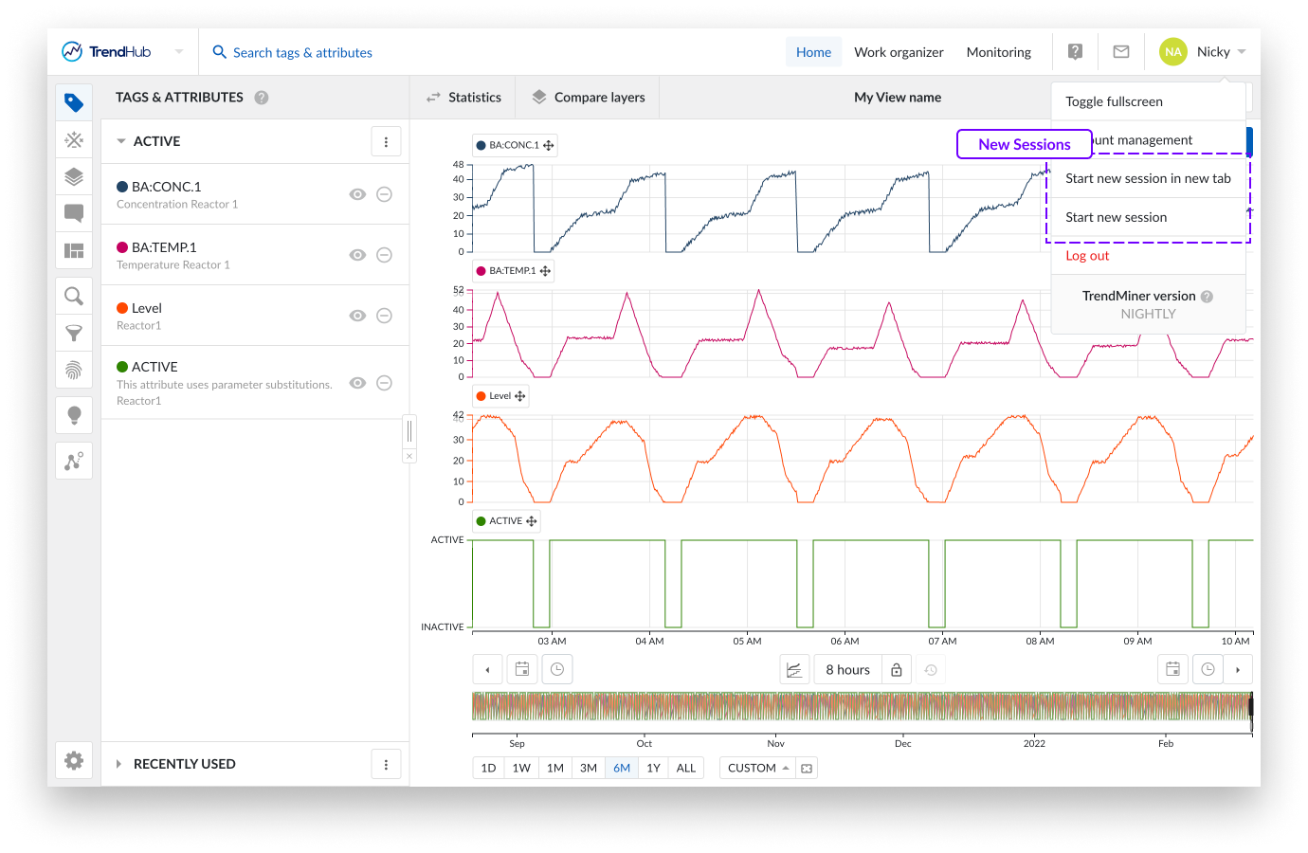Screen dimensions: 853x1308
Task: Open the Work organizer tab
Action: coord(899,52)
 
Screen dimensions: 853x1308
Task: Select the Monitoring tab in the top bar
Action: coord(998,52)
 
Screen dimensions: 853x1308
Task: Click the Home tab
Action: coord(813,52)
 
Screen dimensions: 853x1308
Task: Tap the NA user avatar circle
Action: coord(1172,52)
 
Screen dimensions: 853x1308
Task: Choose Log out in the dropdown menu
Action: coord(1087,256)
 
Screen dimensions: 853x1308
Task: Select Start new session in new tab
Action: coord(1148,178)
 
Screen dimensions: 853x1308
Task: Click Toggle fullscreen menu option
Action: coord(1114,101)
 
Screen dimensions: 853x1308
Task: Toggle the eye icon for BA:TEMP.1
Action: coord(357,255)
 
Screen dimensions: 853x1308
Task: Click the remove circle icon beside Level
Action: coord(384,316)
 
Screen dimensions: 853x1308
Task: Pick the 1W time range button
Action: coord(521,768)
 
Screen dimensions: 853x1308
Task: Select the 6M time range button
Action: coord(622,768)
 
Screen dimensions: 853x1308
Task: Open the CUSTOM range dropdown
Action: coord(758,768)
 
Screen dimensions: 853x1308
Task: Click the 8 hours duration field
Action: coord(847,670)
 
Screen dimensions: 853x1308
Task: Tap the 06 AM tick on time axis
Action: coord(845,641)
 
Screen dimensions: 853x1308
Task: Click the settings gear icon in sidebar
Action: coord(74,760)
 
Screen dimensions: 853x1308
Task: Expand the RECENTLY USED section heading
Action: coord(184,764)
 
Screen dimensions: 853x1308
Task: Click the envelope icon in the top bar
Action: coord(1121,52)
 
